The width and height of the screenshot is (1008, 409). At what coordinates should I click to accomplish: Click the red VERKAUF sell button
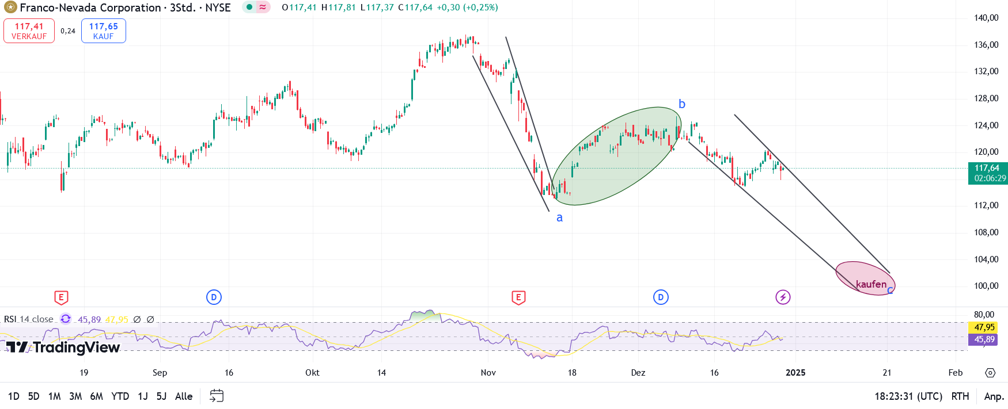(x=29, y=31)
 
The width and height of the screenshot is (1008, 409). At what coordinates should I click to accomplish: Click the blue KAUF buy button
(x=104, y=31)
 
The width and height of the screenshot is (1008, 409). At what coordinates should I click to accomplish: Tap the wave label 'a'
(x=559, y=217)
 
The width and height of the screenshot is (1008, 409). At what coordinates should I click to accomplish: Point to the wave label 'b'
(x=682, y=104)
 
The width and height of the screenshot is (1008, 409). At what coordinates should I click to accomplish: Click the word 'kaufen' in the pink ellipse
(x=871, y=284)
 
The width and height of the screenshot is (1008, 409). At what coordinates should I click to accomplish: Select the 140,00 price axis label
(x=986, y=18)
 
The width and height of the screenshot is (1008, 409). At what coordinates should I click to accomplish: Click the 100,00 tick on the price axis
(x=986, y=286)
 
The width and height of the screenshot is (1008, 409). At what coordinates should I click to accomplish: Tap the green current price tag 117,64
(x=987, y=173)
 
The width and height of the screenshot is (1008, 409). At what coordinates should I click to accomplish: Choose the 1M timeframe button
(x=55, y=396)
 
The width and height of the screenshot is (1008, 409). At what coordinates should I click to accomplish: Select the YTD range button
(x=120, y=396)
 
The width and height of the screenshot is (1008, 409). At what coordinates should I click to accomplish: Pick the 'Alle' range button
(x=184, y=396)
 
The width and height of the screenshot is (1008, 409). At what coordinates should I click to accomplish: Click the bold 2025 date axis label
(x=795, y=373)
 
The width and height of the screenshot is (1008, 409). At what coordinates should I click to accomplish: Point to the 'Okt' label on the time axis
(x=312, y=373)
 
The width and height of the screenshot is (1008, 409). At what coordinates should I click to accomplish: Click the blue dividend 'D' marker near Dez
(x=661, y=297)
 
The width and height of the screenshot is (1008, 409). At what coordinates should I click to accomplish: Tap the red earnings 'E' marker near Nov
(x=518, y=297)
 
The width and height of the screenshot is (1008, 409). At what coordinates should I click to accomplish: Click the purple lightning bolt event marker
(x=783, y=297)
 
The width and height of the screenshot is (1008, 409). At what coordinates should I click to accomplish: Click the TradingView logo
(x=63, y=347)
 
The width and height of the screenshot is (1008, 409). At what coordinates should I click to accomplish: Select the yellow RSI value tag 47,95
(x=985, y=327)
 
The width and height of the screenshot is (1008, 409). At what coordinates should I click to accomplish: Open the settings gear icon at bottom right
(x=990, y=373)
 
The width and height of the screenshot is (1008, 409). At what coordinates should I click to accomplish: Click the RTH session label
(x=960, y=396)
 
